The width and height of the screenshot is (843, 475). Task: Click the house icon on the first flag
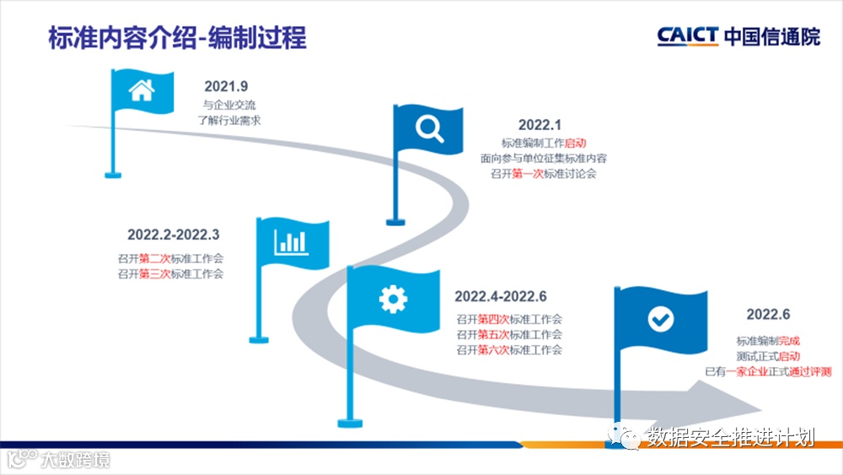pyautogui.click(x=141, y=90)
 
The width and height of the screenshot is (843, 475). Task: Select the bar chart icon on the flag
pyautogui.click(x=289, y=241)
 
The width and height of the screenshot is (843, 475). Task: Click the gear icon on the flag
pyautogui.click(x=393, y=298)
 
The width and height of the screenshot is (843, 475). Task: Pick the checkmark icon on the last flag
pyautogui.click(x=659, y=318)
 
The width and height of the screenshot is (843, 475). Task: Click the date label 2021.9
pyautogui.click(x=226, y=86)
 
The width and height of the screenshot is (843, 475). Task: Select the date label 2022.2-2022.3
pyautogui.click(x=174, y=235)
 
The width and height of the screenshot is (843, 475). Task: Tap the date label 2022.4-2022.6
pyautogui.click(x=501, y=296)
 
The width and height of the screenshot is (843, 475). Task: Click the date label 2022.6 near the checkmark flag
pyautogui.click(x=768, y=315)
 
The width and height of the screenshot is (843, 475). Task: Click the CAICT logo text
pyautogui.click(x=688, y=35)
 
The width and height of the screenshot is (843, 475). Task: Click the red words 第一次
pyautogui.click(x=528, y=174)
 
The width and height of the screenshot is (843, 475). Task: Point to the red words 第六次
pyautogui.click(x=494, y=349)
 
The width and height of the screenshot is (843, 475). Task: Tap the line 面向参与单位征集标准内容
pyautogui.click(x=544, y=158)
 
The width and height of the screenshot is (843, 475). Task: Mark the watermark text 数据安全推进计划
pyautogui.click(x=731, y=437)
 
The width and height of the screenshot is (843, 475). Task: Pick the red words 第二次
pyautogui.click(x=154, y=258)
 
